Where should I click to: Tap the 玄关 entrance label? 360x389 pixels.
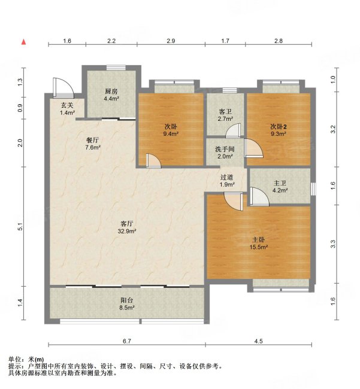point(66,105)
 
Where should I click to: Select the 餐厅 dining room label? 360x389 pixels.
point(92,139)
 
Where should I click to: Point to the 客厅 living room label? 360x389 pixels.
point(126,223)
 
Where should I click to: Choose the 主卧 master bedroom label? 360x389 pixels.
point(259,239)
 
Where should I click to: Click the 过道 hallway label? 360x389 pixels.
point(226,177)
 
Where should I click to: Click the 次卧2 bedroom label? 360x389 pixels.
point(279,126)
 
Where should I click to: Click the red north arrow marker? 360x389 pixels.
point(24,41)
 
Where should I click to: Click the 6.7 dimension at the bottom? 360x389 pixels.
point(126,341)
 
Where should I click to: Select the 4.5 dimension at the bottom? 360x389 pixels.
point(258,341)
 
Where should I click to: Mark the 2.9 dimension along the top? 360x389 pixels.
point(171,41)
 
